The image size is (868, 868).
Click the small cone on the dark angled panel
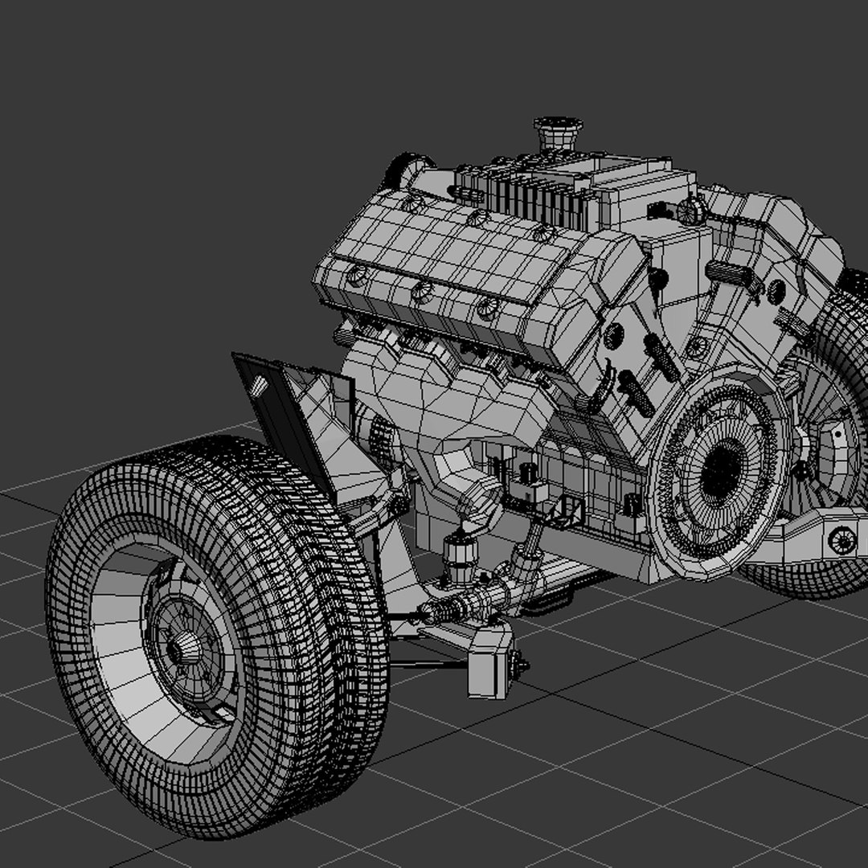point(258,387)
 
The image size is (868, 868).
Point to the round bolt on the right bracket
point(841,539)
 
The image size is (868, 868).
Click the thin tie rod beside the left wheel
point(426,664)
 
